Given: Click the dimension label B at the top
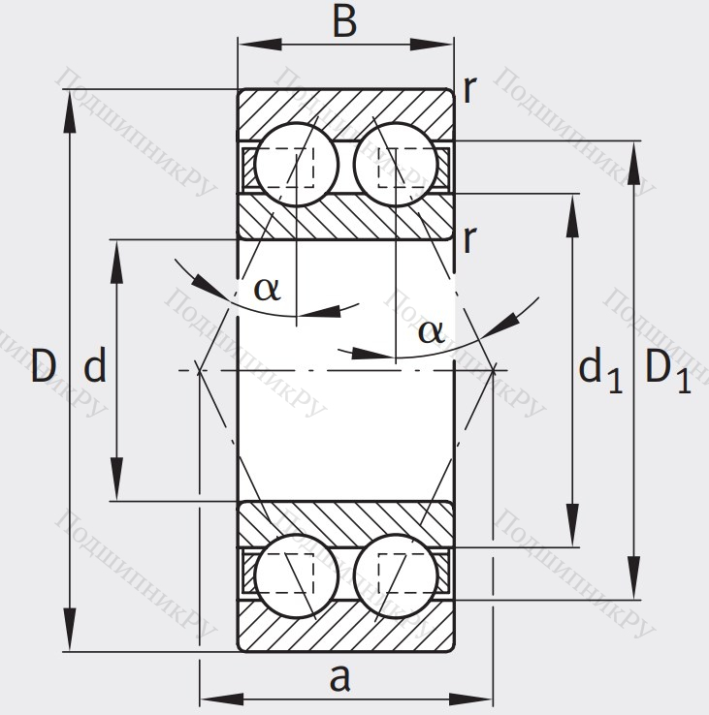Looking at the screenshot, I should tap(345, 20).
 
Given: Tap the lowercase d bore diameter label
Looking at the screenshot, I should tap(94, 367).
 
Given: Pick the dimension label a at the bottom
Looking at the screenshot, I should tap(338, 678).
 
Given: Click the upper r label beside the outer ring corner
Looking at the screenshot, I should tap(470, 90).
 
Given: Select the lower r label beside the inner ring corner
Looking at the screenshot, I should tap(470, 238).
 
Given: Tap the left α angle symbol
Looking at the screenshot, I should tap(268, 287).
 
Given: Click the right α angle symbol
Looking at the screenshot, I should tap(431, 331).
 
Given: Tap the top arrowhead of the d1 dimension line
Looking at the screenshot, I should tap(573, 206).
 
